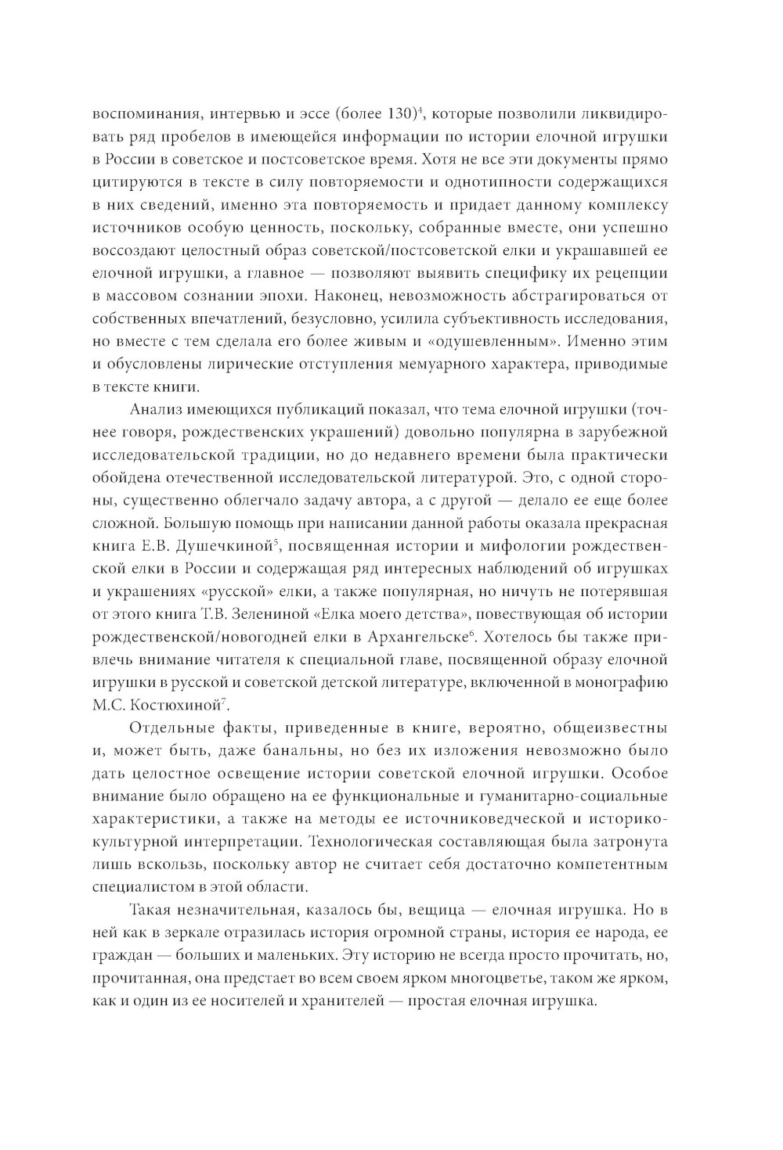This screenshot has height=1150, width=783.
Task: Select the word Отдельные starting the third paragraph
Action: point(165,728)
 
